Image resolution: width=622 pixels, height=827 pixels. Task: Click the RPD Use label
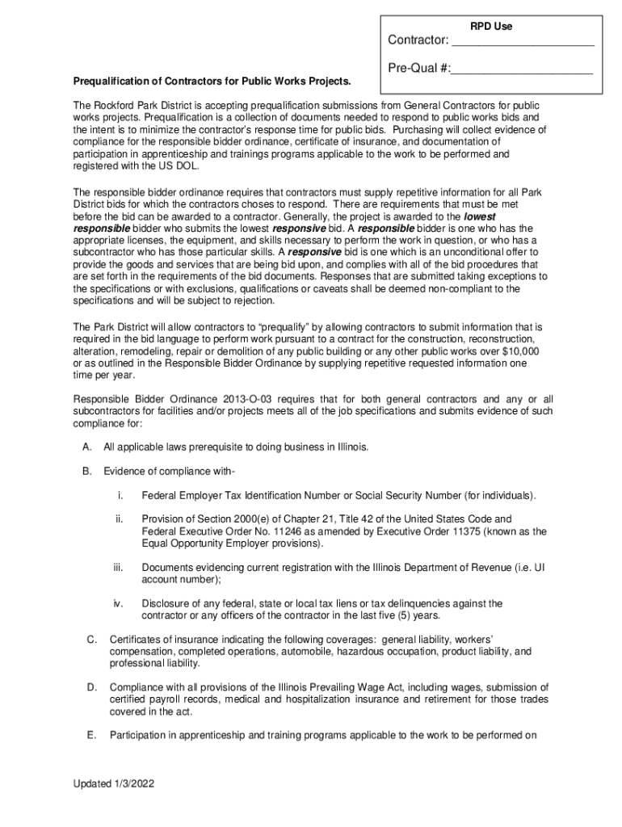[x=491, y=27]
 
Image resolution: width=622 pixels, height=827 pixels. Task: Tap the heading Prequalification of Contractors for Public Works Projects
[x=212, y=82]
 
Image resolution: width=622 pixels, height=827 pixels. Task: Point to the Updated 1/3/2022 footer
[x=114, y=783]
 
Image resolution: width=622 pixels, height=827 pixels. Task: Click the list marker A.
[x=86, y=447]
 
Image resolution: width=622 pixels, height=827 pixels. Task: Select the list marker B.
[x=86, y=471]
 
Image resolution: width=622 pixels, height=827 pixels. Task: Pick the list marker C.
[x=92, y=640]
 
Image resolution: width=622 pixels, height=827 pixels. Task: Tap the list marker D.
[x=92, y=687]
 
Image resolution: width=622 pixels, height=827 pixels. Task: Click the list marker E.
[x=92, y=735]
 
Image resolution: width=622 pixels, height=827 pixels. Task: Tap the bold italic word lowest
[x=479, y=217]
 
